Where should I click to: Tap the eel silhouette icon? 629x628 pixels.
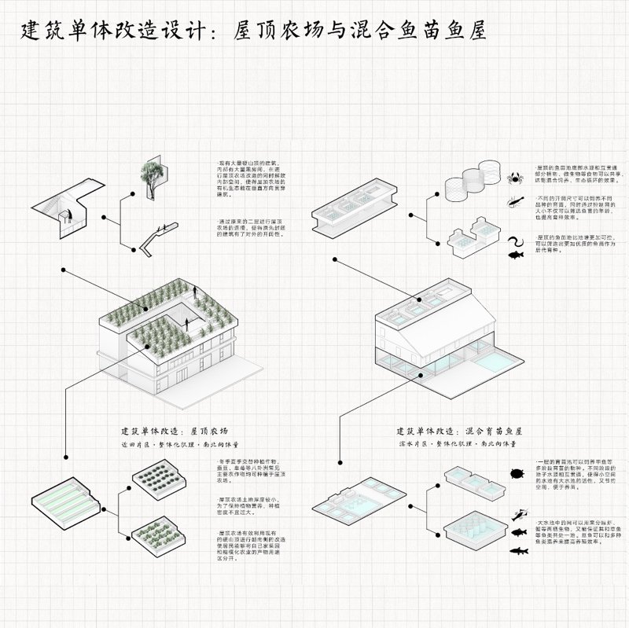517,239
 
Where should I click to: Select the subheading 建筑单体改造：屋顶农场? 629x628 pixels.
174,432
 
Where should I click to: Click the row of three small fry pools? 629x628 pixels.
473,481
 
